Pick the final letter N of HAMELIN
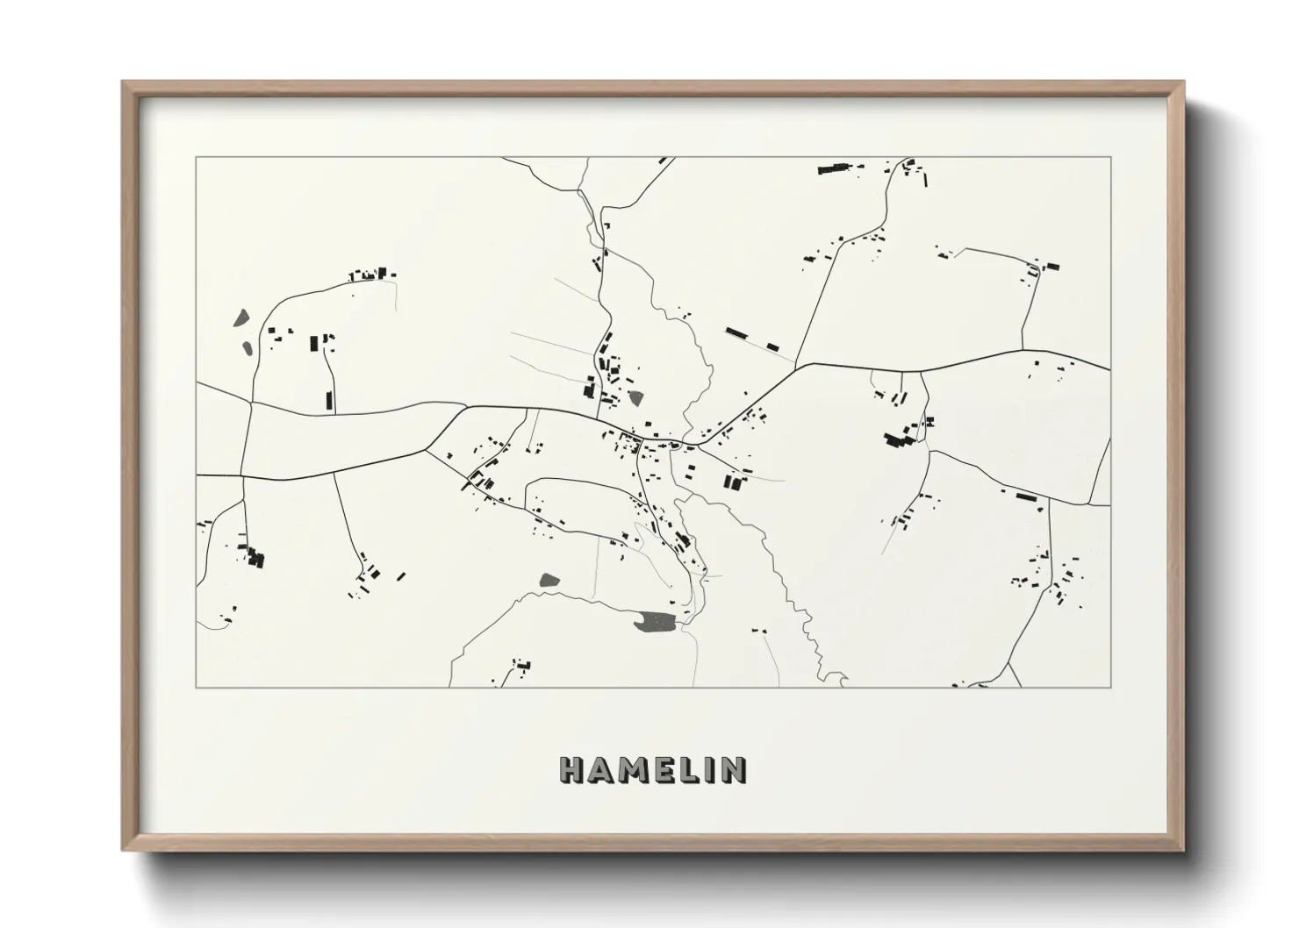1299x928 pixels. coord(733,770)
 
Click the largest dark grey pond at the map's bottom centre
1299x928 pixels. coord(657,621)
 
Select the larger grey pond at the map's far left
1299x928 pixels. coord(240,318)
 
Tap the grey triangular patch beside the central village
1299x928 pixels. coord(635,398)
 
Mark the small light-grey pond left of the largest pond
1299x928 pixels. coord(549,578)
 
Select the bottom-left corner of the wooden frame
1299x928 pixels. coord(124,850)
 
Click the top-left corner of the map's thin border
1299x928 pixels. coord(196,158)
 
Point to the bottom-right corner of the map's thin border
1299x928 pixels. coord(1110,687)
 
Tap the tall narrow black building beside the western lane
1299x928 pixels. coord(330,401)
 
